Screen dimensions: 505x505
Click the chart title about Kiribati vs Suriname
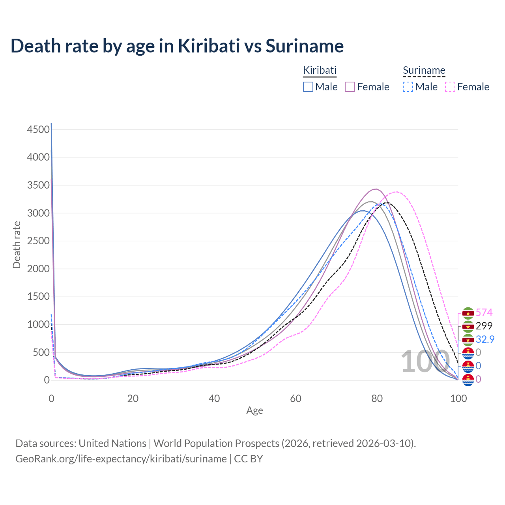tap(177, 46)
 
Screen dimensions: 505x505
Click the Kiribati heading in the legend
tap(320, 70)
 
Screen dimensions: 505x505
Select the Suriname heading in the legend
tap(424, 70)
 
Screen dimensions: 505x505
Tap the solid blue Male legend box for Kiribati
tap(308, 87)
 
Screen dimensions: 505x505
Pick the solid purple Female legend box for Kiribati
tap(350, 87)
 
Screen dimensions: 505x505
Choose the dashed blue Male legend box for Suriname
tap(408, 87)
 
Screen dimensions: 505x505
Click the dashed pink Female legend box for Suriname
tap(450, 87)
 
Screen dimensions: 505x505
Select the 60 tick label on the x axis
tap(296, 398)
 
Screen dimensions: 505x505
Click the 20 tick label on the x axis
tap(133, 398)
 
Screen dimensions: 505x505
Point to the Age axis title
tap(254, 411)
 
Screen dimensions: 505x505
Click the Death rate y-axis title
tap(17, 245)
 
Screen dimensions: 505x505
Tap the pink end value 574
tap(484, 313)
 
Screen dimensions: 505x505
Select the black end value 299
tap(484, 326)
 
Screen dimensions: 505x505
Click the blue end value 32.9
tap(485, 339)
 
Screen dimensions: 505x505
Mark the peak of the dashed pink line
tap(396, 192)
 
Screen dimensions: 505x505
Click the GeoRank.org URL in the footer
tap(121, 459)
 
